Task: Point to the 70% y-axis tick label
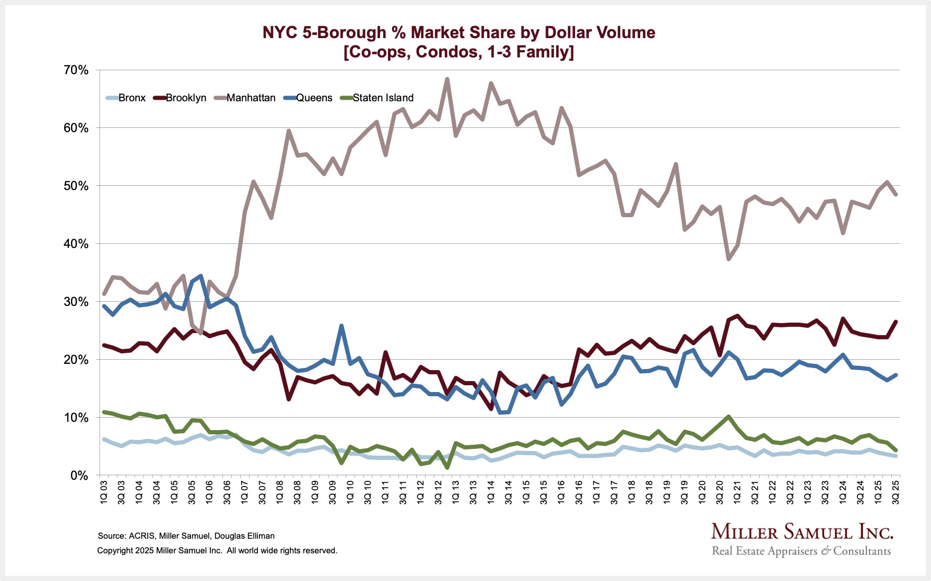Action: pos(76,70)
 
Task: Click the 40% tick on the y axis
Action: pos(76,244)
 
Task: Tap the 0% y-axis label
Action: pos(79,476)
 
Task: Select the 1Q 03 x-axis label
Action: pos(104,492)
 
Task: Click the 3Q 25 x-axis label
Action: pos(896,492)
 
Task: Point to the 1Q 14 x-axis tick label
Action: pos(491,492)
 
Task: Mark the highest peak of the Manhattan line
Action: pos(447,79)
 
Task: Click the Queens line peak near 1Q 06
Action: pos(201,276)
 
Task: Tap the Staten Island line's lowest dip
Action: pos(447,467)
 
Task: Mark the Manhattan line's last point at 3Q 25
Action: pos(896,194)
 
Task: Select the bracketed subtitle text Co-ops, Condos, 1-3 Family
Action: pos(458,52)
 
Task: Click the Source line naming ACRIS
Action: pos(186,536)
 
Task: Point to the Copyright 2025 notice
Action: pos(217,550)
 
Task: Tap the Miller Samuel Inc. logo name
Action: pos(802,532)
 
